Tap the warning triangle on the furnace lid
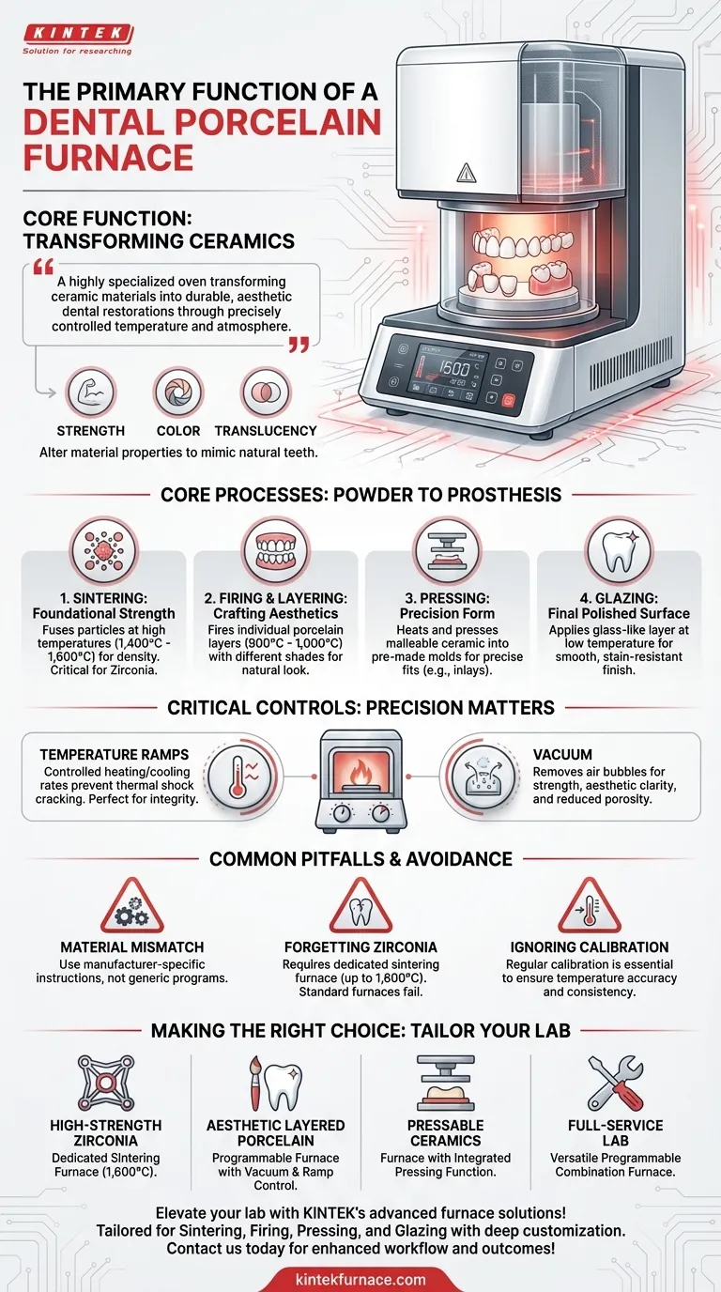467,172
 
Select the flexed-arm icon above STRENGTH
91,392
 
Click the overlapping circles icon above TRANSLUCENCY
266,392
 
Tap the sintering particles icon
103,549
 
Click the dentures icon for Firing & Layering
275,549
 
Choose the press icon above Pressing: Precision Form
447,549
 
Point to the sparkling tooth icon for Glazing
619,549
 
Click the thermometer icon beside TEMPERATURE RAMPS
231,777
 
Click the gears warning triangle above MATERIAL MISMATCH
131,908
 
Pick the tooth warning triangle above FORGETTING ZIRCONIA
360,908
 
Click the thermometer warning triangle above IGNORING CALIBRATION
590,908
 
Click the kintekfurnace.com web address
360,1278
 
